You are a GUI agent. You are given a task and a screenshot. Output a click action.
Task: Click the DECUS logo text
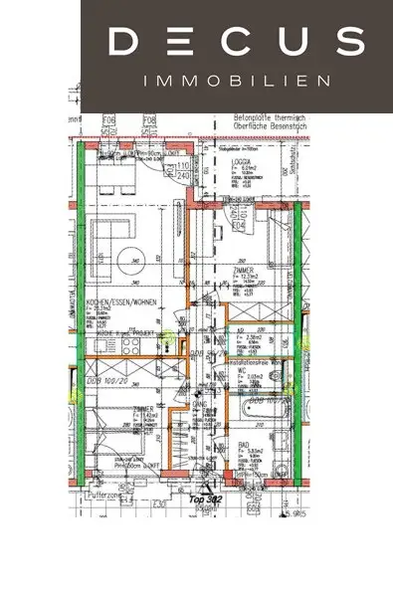pyautogui.click(x=236, y=41)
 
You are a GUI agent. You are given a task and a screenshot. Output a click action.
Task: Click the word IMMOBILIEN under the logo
pyautogui.click(x=236, y=79)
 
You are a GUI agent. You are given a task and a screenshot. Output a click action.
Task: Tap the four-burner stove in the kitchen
pyautogui.click(x=130, y=344)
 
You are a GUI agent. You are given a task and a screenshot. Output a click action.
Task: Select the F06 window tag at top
pyautogui.click(x=108, y=122)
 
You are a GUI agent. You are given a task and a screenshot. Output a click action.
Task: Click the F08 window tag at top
pyautogui.click(x=150, y=122)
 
